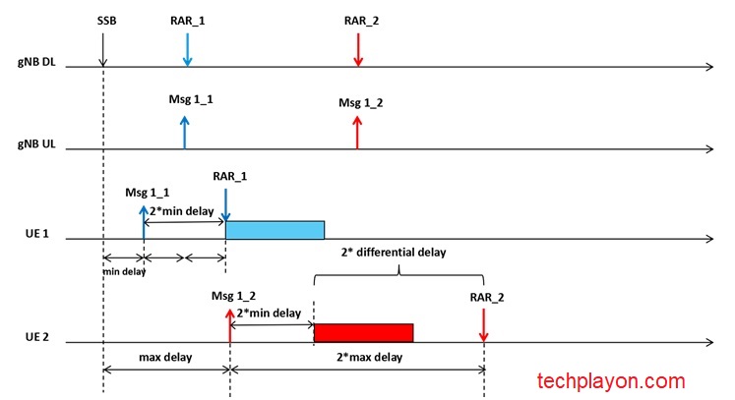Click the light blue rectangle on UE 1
click(x=275, y=229)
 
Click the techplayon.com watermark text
click(x=610, y=380)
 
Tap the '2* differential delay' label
click(x=394, y=253)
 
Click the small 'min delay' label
click(x=124, y=272)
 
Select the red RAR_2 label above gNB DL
click(x=358, y=20)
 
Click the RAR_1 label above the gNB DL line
click(x=187, y=20)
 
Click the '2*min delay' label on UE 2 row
click(x=271, y=313)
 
